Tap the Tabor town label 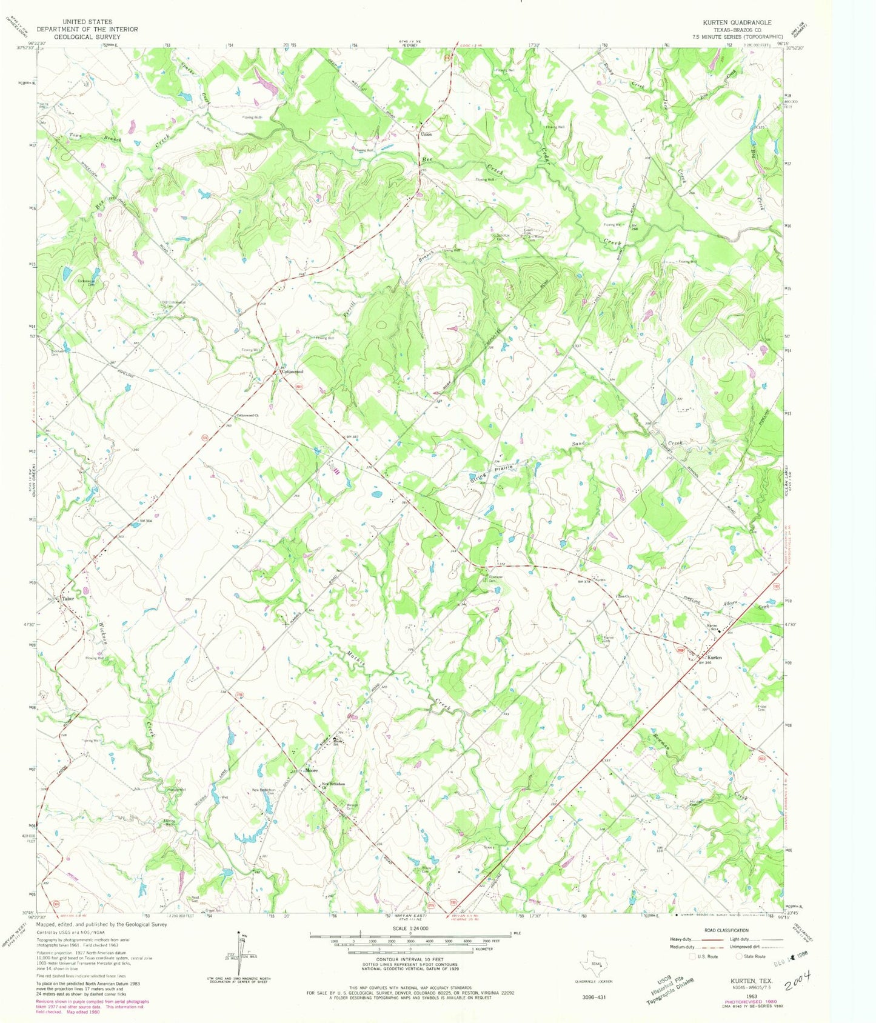[x=67, y=598]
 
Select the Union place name [x=426, y=134]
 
